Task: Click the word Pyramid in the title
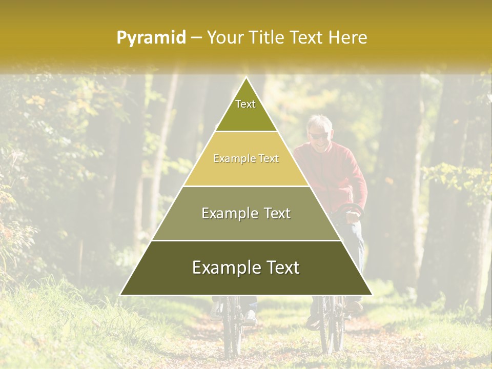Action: click(151, 38)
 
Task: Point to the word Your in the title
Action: click(224, 38)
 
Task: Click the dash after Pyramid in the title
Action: click(196, 38)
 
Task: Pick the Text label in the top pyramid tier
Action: click(245, 105)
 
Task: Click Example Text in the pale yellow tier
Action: click(246, 159)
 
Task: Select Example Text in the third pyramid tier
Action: click(246, 213)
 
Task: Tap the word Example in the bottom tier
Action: click(224, 268)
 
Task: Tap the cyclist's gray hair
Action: click(320, 122)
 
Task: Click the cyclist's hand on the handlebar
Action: click(353, 216)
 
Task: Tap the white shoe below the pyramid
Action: click(250, 318)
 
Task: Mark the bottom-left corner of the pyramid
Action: click(120, 295)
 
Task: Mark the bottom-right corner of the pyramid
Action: click(372, 295)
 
